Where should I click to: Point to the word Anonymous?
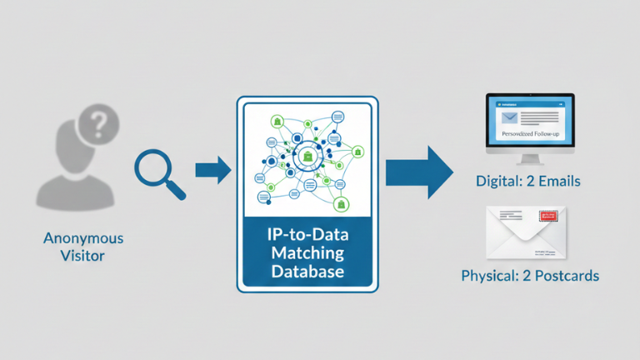click(x=83, y=238)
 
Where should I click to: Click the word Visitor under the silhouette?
click(x=83, y=256)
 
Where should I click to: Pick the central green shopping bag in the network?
click(x=307, y=157)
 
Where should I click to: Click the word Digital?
click(x=497, y=181)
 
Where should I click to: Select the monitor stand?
click(x=530, y=158)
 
